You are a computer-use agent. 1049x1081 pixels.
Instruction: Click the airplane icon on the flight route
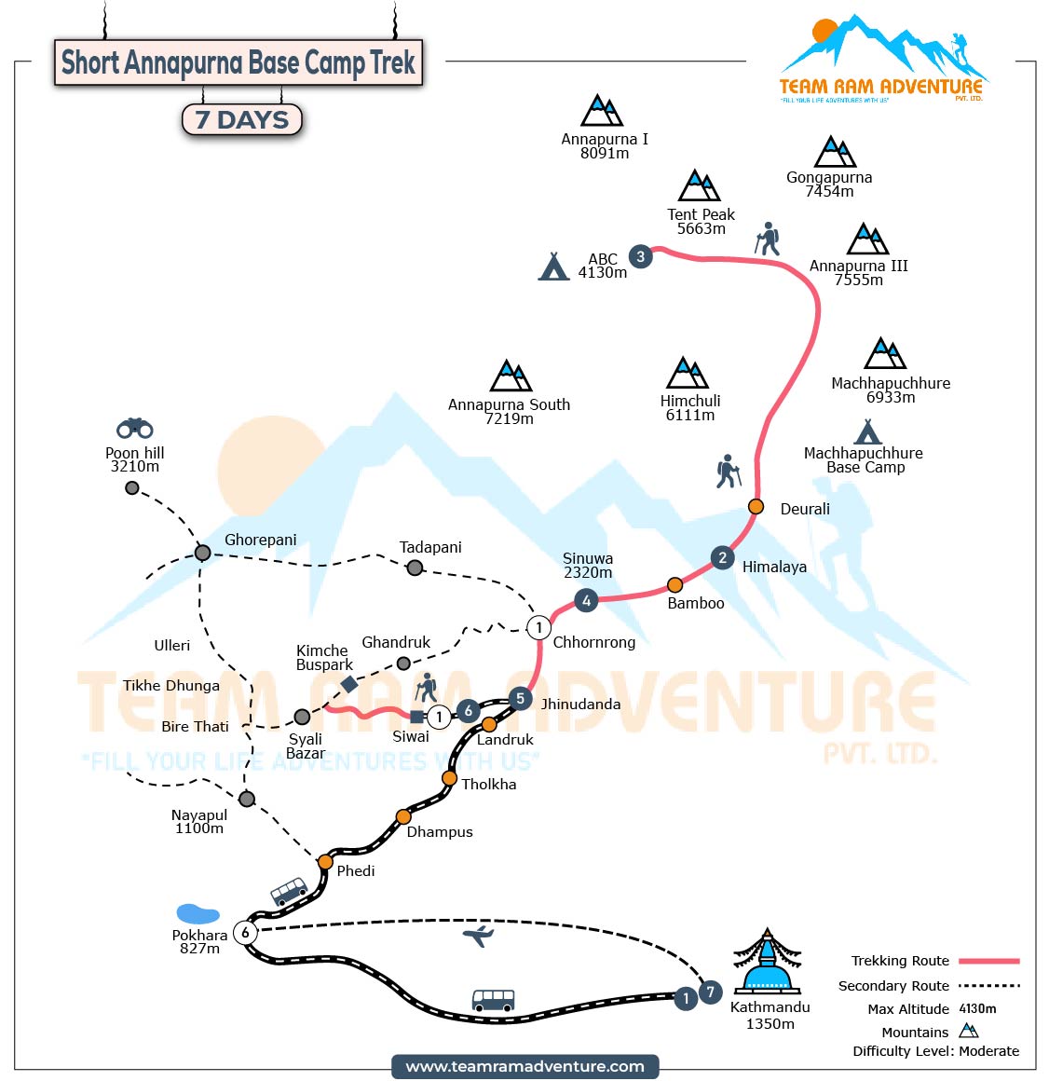point(478,935)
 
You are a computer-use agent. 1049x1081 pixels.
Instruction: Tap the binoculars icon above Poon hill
point(135,428)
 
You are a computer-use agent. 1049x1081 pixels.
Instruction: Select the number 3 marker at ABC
point(640,256)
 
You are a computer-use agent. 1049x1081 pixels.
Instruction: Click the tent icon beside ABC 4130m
point(553,267)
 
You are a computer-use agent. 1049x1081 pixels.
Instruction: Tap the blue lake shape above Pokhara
point(198,913)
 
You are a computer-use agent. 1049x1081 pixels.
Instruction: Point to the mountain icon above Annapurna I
point(602,111)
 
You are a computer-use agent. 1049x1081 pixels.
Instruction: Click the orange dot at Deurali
point(756,506)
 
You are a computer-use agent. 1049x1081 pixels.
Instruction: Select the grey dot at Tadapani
point(415,568)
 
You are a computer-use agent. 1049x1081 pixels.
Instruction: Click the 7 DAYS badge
point(242,119)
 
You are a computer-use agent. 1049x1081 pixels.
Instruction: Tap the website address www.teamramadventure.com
point(524,1066)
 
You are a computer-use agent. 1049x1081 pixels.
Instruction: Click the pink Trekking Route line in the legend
point(989,961)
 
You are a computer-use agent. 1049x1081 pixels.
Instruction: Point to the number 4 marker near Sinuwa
point(586,601)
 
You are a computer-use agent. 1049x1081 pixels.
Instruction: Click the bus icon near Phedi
point(289,891)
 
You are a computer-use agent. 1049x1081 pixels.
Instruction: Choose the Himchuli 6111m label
point(690,408)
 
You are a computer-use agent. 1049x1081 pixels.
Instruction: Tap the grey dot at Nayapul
point(246,799)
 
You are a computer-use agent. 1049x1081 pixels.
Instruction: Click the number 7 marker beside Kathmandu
point(710,992)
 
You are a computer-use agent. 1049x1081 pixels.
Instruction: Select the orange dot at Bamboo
point(674,585)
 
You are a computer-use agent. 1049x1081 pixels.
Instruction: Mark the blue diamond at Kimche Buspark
point(349,684)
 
